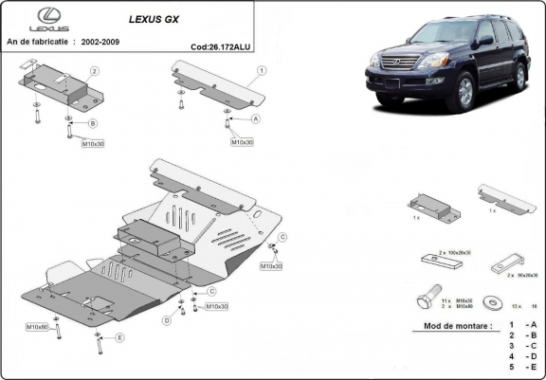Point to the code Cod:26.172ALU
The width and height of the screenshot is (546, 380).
221,45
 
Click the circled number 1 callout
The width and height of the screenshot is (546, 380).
260,70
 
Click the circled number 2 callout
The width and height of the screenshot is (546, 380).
95,71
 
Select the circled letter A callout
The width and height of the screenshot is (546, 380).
256,119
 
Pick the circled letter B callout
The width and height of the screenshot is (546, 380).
93,124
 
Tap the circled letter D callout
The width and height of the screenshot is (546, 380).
166,321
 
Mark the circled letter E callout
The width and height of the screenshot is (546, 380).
119,337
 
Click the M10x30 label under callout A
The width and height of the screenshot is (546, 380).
242,142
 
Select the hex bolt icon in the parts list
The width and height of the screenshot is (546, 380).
427,300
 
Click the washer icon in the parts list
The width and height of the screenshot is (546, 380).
491,302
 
